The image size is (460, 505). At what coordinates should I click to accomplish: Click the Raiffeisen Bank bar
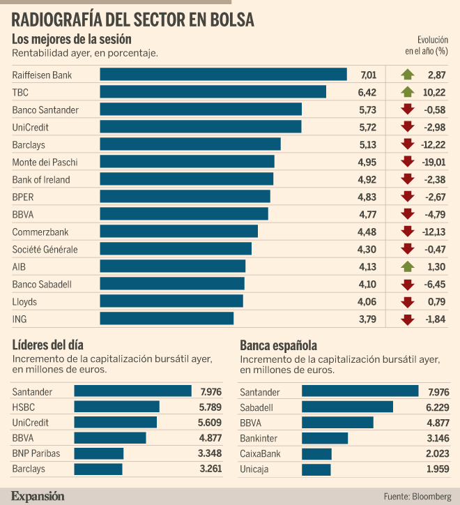[224, 74]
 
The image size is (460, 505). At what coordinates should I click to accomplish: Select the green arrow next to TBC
[408, 92]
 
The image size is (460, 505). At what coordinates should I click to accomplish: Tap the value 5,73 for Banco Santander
[367, 110]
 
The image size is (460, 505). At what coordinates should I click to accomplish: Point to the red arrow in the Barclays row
[408, 144]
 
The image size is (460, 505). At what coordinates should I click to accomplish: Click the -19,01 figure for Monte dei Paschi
[434, 162]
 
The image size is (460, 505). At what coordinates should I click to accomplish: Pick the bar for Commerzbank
[178, 232]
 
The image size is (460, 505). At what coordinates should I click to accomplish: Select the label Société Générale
[45, 249]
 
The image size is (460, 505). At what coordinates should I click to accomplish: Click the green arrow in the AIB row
[408, 266]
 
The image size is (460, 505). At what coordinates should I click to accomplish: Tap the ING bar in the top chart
[167, 319]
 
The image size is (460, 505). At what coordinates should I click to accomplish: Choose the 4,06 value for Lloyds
[367, 302]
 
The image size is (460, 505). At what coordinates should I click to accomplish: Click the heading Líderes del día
[47, 345]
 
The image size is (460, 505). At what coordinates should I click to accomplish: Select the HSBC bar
[116, 407]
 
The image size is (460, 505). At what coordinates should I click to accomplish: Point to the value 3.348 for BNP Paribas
[210, 453]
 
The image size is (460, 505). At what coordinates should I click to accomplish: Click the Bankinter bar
[325, 438]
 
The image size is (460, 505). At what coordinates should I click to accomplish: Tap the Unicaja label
[254, 469]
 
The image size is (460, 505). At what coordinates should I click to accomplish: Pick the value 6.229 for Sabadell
[438, 407]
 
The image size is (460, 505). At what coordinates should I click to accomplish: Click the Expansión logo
[38, 497]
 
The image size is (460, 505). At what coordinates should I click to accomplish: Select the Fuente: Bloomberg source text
[417, 497]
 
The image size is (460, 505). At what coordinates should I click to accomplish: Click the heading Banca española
[279, 345]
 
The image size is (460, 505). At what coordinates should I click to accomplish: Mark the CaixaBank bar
[316, 453]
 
